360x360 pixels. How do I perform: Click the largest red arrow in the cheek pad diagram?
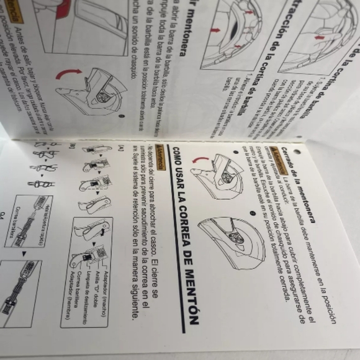coord(218,29)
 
